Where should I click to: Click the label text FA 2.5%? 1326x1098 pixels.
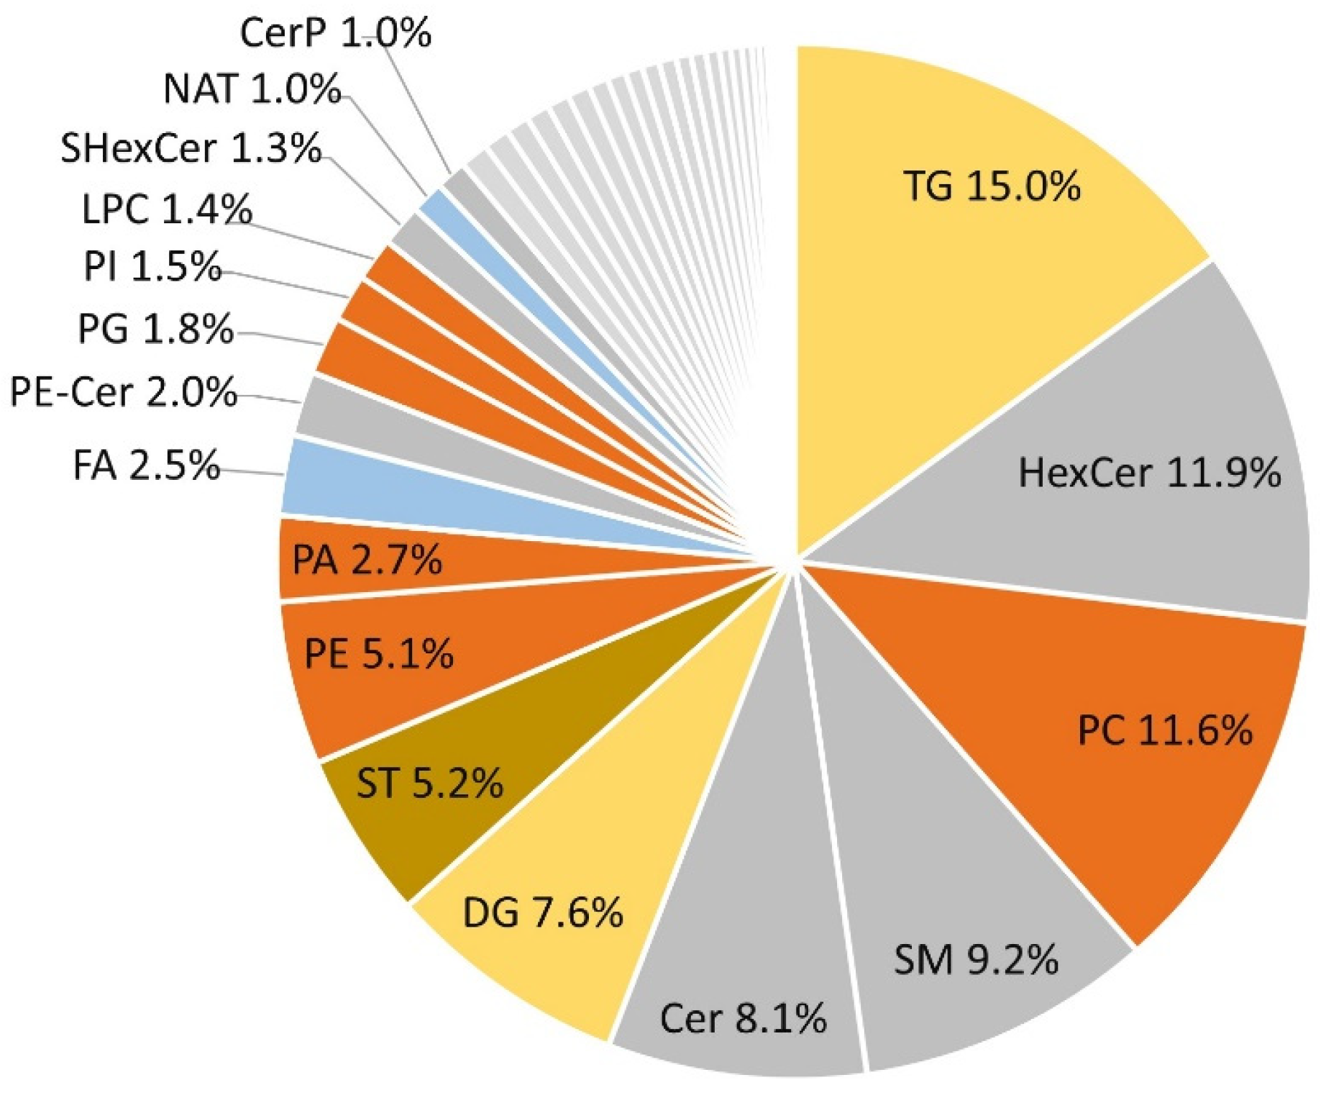point(146,466)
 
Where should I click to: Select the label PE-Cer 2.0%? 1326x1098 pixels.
point(123,394)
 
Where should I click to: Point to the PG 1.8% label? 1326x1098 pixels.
point(155,330)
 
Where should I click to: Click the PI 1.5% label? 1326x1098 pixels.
point(152,267)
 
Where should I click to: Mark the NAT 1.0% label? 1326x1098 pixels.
point(252,89)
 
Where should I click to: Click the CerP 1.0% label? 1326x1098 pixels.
point(335,33)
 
